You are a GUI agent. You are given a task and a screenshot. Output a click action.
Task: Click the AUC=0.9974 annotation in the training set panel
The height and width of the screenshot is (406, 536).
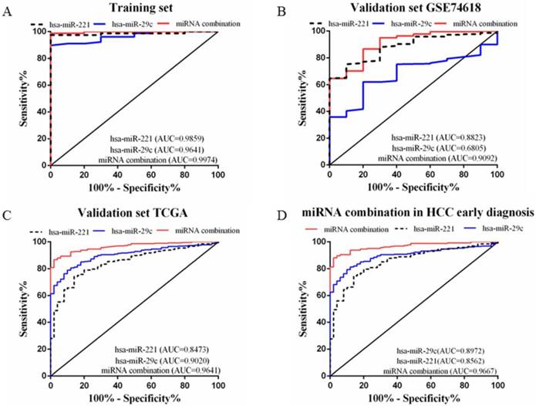[x=160, y=160]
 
